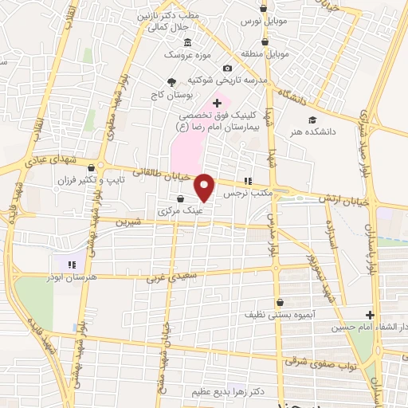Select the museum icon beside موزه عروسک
pyautogui.click(x=186, y=41)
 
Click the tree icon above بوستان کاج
pyautogui.click(x=171, y=80)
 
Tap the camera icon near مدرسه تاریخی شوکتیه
pyautogui.click(x=228, y=69)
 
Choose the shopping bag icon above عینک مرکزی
pyautogui.click(x=180, y=199)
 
